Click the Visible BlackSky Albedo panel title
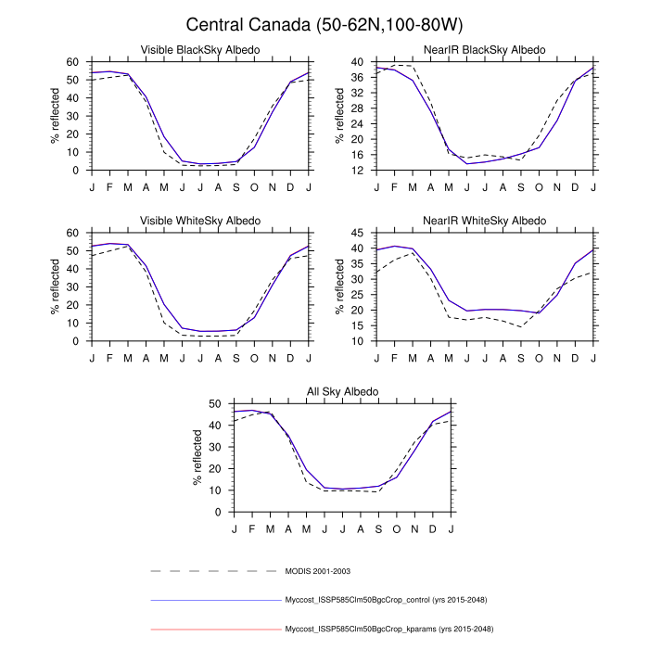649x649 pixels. point(199,49)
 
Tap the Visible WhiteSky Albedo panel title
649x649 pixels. point(199,220)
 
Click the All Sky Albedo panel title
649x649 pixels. point(343,391)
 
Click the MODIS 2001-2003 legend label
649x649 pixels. point(316,571)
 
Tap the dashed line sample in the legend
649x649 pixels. point(214,571)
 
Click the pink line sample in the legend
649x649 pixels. point(214,630)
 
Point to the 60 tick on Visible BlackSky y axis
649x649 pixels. point(74,62)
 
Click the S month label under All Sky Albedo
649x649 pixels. point(378,528)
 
